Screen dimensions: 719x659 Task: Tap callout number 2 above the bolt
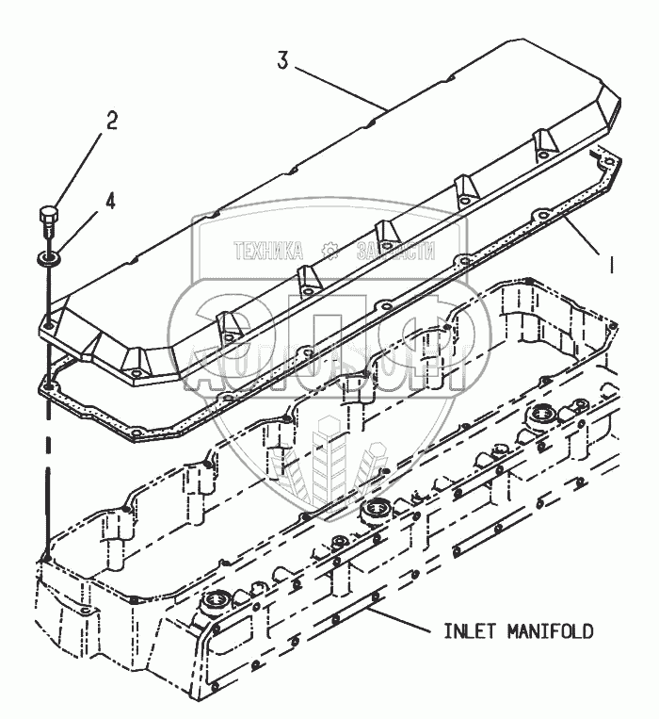pyautogui.click(x=111, y=120)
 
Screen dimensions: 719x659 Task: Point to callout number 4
pyautogui.click(x=111, y=200)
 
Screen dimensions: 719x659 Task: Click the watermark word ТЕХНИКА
pyautogui.click(x=267, y=251)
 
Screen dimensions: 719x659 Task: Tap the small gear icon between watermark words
pyautogui.click(x=329, y=251)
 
